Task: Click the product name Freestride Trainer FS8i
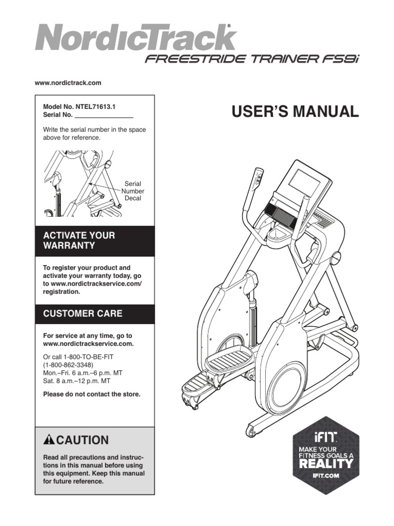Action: tap(252, 59)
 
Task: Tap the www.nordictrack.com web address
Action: tap(68, 83)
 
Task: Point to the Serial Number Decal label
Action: tap(133, 191)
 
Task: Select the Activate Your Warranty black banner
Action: tap(95, 240)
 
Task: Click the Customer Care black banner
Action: tap(95, 313)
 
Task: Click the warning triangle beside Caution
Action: tap(49, 440)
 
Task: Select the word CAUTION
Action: tap(82, 440)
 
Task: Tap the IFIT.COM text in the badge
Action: tap(326, 476)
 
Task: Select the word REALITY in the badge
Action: tap(326, 463)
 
